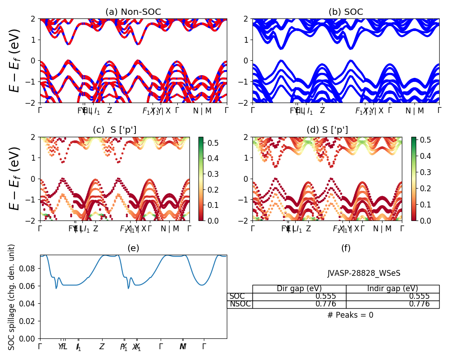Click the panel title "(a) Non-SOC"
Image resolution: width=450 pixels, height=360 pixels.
(133, 12)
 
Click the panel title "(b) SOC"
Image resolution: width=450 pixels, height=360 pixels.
(346, 12)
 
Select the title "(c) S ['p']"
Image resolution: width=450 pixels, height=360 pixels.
(114, 130)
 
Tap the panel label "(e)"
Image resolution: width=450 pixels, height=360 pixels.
(133, 248)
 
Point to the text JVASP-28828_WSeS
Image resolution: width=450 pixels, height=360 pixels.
(364, 273)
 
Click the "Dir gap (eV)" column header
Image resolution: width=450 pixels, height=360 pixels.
(299, 289)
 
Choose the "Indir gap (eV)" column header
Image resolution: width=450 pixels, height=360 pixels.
(392, 289)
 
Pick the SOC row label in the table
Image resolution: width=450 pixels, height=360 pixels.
(237, 297)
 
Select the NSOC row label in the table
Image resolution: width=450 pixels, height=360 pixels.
(240, 304)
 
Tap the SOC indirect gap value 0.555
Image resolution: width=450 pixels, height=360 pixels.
(419, 297)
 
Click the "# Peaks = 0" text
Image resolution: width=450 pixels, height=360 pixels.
(350, 315)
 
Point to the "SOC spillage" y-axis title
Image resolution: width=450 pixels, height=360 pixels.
(12, 297)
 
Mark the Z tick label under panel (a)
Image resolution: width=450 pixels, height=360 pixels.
(109, 111)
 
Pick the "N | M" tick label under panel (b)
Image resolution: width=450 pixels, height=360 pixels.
(415, 111)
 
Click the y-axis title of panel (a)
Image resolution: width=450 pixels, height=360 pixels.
(15, 60)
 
